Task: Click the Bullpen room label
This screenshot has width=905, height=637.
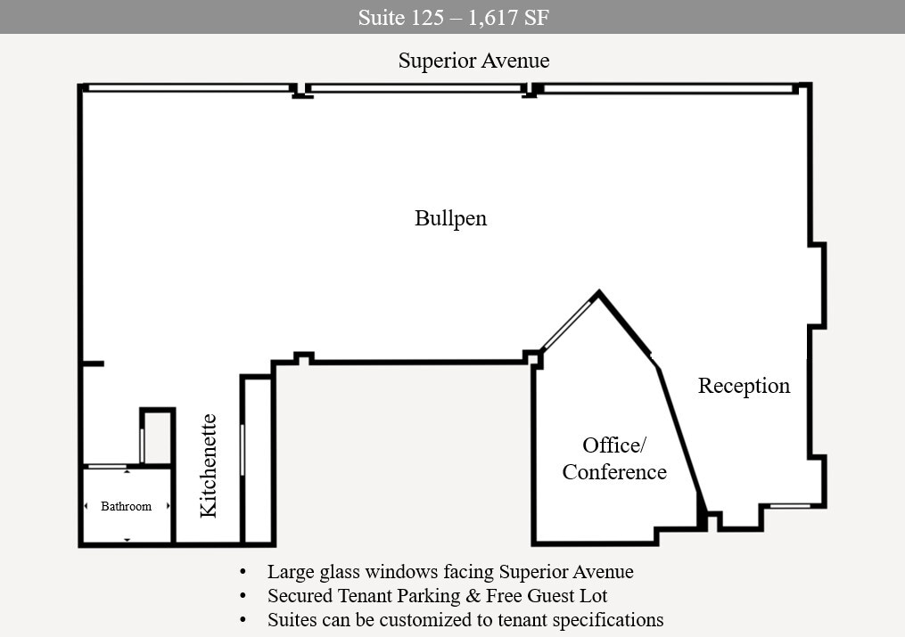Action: point(451,218)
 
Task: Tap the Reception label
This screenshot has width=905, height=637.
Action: point(744,386)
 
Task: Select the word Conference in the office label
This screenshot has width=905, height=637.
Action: point(614,472)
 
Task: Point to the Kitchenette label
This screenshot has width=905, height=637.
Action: point(209,465)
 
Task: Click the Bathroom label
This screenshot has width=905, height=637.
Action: point(126,506)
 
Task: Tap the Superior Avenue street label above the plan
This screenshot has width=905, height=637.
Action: point(473,61)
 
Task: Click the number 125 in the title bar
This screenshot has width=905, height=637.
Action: point(425,17)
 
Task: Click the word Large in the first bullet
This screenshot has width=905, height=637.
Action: point(291,572)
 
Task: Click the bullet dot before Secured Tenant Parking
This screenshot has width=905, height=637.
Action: point(243,595)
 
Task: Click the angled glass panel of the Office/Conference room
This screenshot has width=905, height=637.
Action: point(568,324)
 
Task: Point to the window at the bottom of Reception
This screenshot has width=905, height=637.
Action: point(789,506)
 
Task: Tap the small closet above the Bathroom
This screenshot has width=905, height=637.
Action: point(158,437)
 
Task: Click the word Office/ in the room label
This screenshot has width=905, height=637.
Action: point(612,445)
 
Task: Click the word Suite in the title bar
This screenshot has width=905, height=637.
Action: point(378,17)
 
